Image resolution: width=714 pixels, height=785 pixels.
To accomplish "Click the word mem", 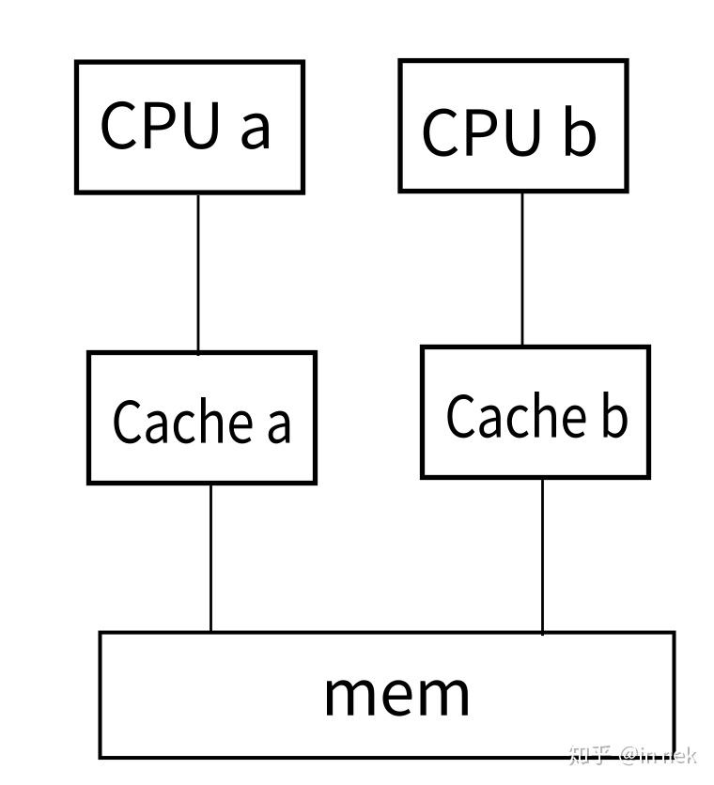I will [x=396, y=693].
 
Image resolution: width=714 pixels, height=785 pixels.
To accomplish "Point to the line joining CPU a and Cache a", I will [x=198, y=272].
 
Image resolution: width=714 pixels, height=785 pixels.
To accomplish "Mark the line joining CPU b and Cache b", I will [x=522, y=269].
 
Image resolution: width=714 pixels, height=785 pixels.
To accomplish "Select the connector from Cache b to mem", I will [x=542, y=554].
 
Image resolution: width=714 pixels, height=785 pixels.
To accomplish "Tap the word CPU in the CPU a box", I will [x=159, y=125].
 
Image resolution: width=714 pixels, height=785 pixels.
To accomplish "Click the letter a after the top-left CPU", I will [x=255, y=129].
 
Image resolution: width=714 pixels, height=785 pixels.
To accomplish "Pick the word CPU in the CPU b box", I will [x=482, y=132].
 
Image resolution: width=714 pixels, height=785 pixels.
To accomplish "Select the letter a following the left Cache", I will [x=279, y=423].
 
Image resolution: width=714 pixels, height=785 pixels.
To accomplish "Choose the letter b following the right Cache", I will [x=613, y=415].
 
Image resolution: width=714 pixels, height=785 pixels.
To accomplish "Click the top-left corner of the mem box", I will [x=101, y=633].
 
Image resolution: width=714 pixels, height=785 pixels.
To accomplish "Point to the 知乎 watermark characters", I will [x=591, y=755].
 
